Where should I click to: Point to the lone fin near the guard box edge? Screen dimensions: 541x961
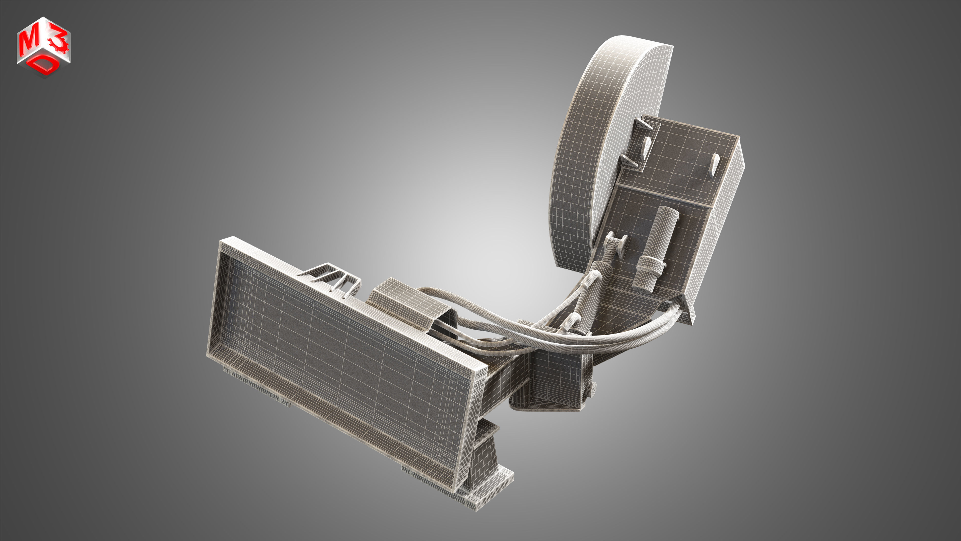pos(714,164)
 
